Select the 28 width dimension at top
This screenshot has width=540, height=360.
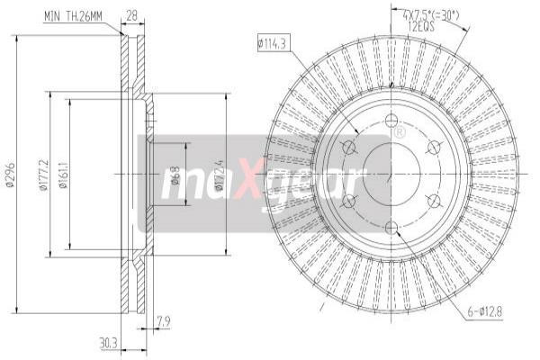[x=131, y=15]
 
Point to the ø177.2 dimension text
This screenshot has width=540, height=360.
[x=41, y=173]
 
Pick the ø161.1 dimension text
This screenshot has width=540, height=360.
[x=66, y=173]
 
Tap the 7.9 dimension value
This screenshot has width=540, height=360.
[x=163, y=319]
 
